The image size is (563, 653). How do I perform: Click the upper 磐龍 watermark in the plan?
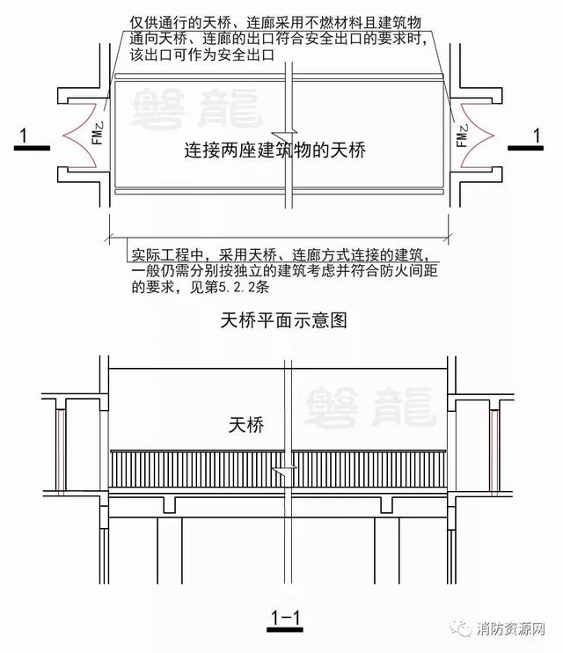click(193, 106)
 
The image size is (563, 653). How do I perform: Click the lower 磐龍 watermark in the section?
click(369, 406)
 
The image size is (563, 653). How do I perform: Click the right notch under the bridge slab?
click(387, 503)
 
